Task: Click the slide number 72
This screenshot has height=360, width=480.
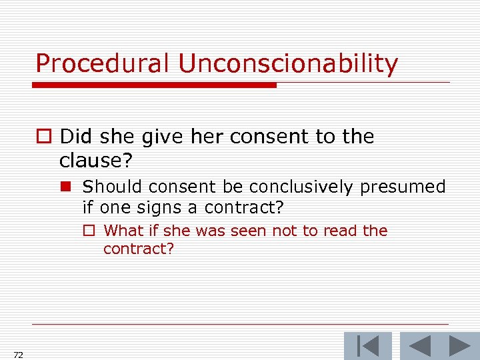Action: tap(18, 355)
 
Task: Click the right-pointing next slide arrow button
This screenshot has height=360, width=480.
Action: tap(459, 346)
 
